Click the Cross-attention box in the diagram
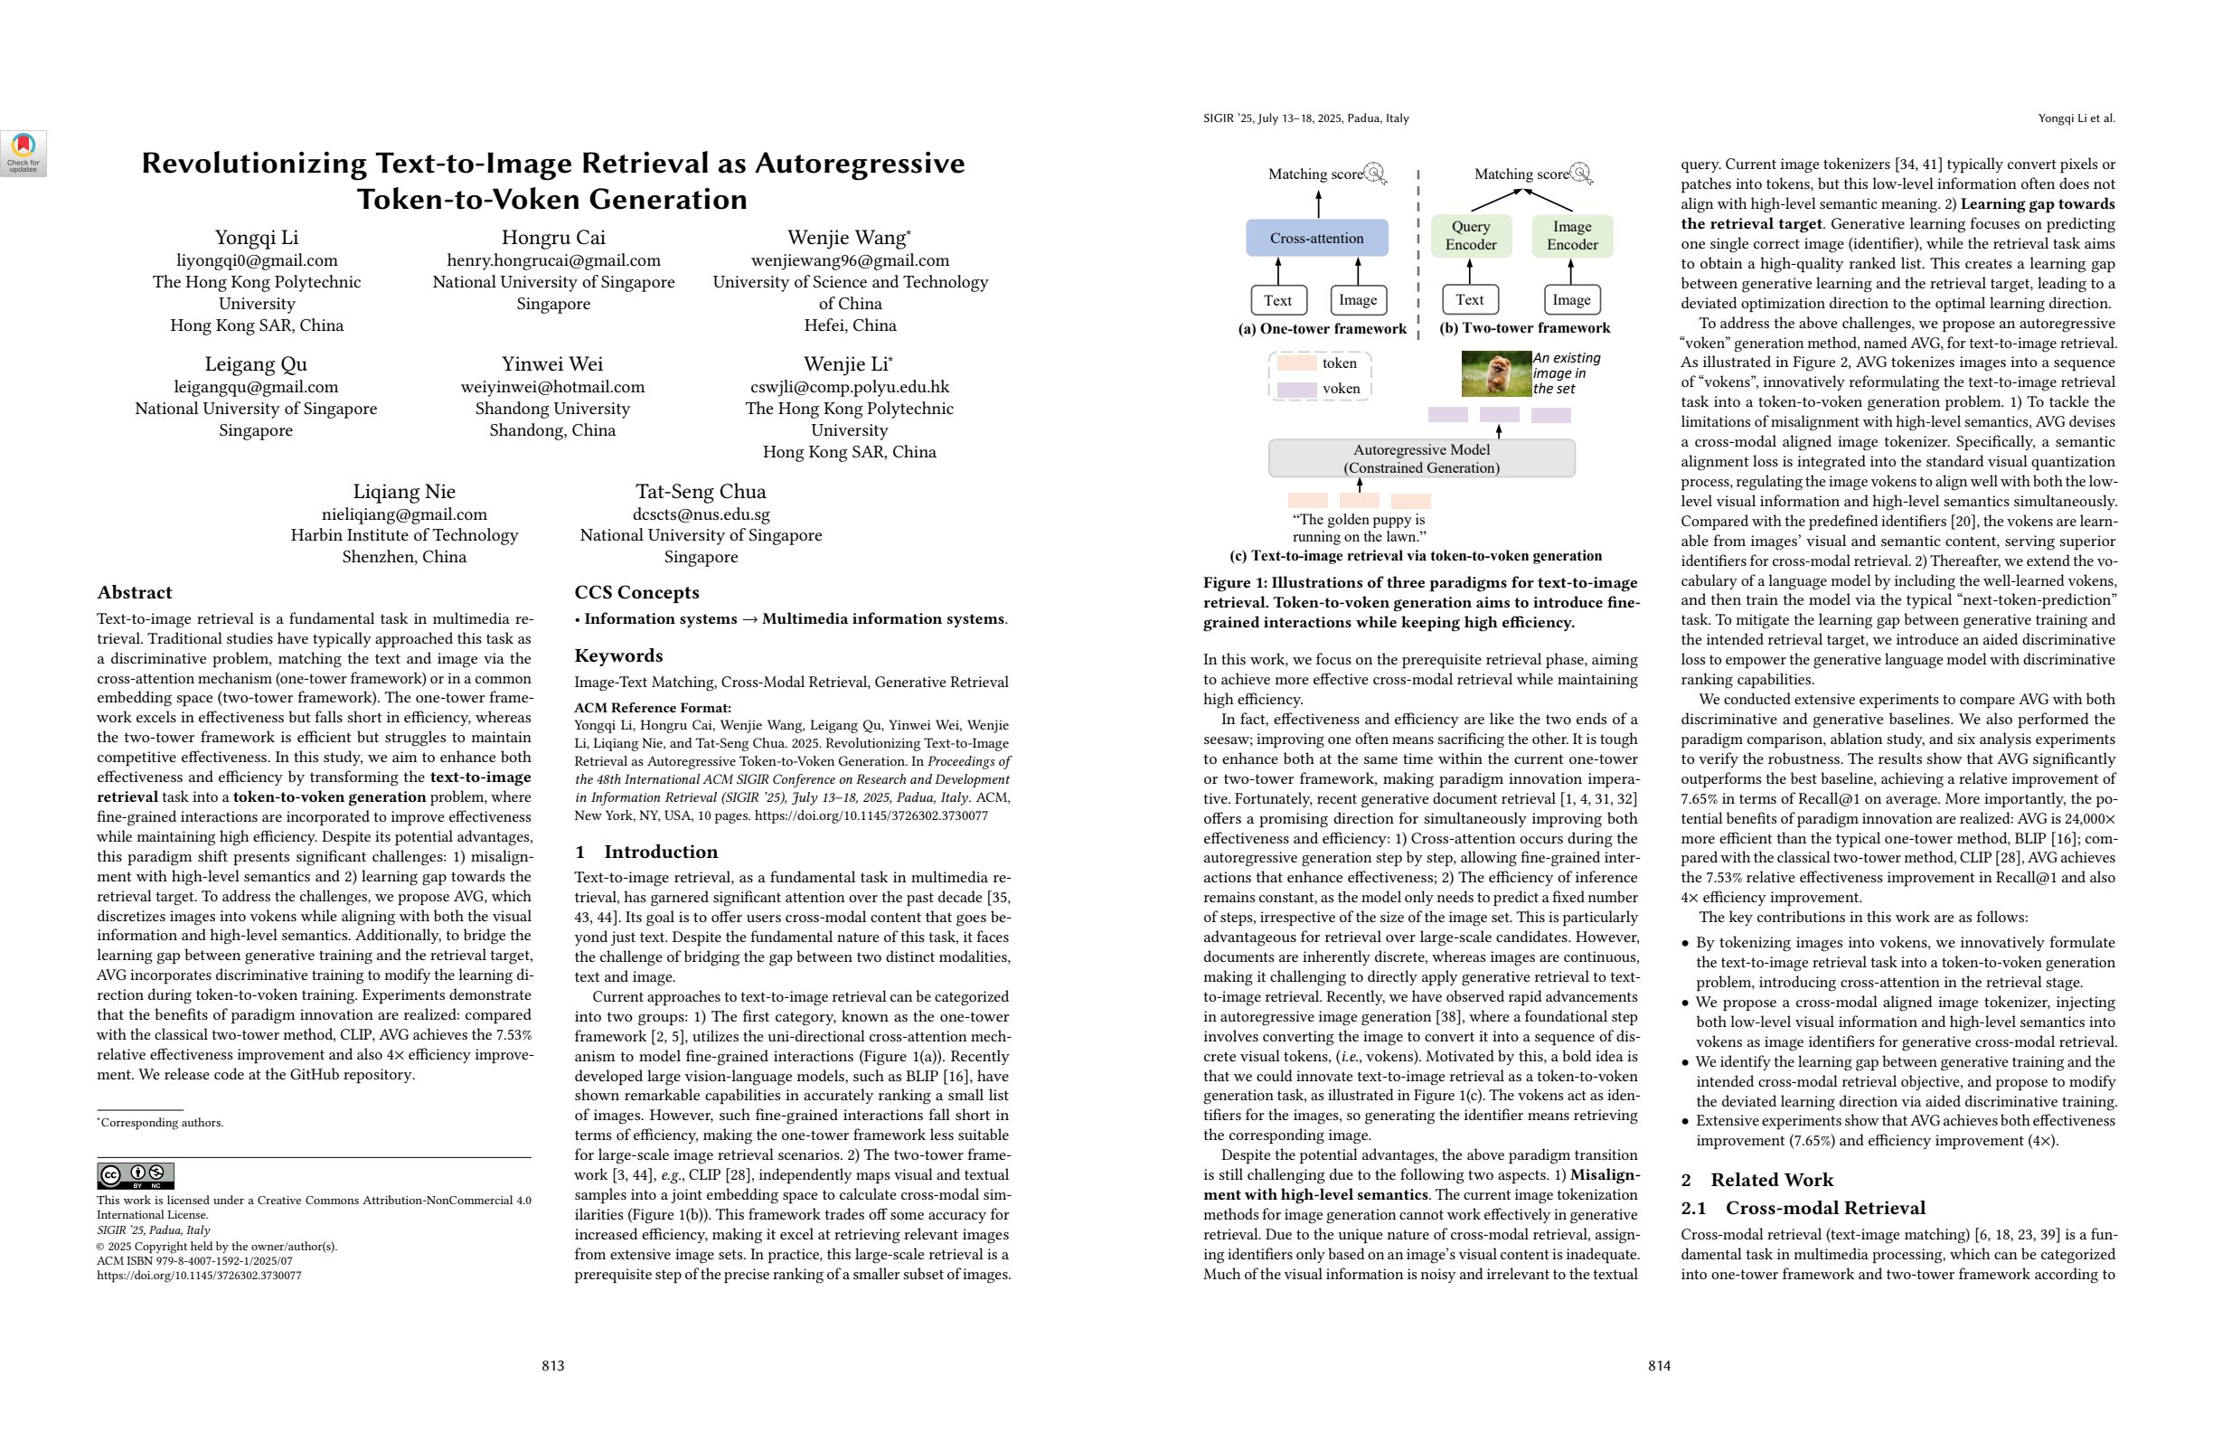coord(1316,238)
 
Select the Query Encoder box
coord(1470,235)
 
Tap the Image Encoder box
coord(1571,235)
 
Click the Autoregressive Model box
coord(1421,458)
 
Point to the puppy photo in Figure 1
coord(1495,372)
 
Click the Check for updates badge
coord(24,154)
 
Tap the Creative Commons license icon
coord(136,1175)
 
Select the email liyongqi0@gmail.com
coord(257,260)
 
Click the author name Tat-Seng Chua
coord(701,491)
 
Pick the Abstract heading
coord(135,592)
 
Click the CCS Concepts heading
coord(636,592)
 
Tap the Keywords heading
coord(618,655)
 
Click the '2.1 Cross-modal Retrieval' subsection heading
coord(1803,1208)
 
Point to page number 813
coord(553,1365)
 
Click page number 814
coord(1659,1365)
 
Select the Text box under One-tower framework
coord(1277,299)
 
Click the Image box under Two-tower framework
coord(1571,299)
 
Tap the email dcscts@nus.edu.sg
coord(701,513)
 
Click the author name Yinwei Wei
coord(552,363)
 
